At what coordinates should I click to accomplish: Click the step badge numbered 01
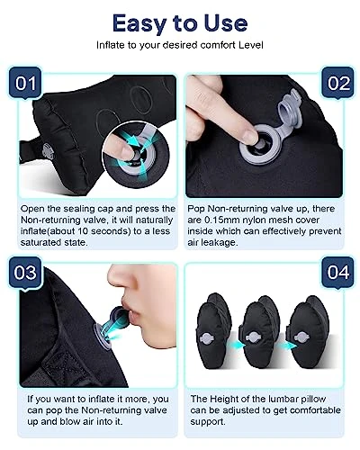[x=25, y=83]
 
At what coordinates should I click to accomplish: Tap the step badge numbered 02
[x=338, y=83]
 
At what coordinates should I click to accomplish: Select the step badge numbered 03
[x=25, y=273]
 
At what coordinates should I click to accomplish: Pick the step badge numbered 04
[x=338, y=272]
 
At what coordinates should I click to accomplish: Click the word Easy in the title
[x=139, y=23]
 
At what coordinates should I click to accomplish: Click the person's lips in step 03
[x=133, y=312]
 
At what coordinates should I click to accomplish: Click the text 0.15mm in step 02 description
[x=220, y=220]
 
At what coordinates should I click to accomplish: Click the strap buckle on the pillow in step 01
[x=48, y=151]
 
